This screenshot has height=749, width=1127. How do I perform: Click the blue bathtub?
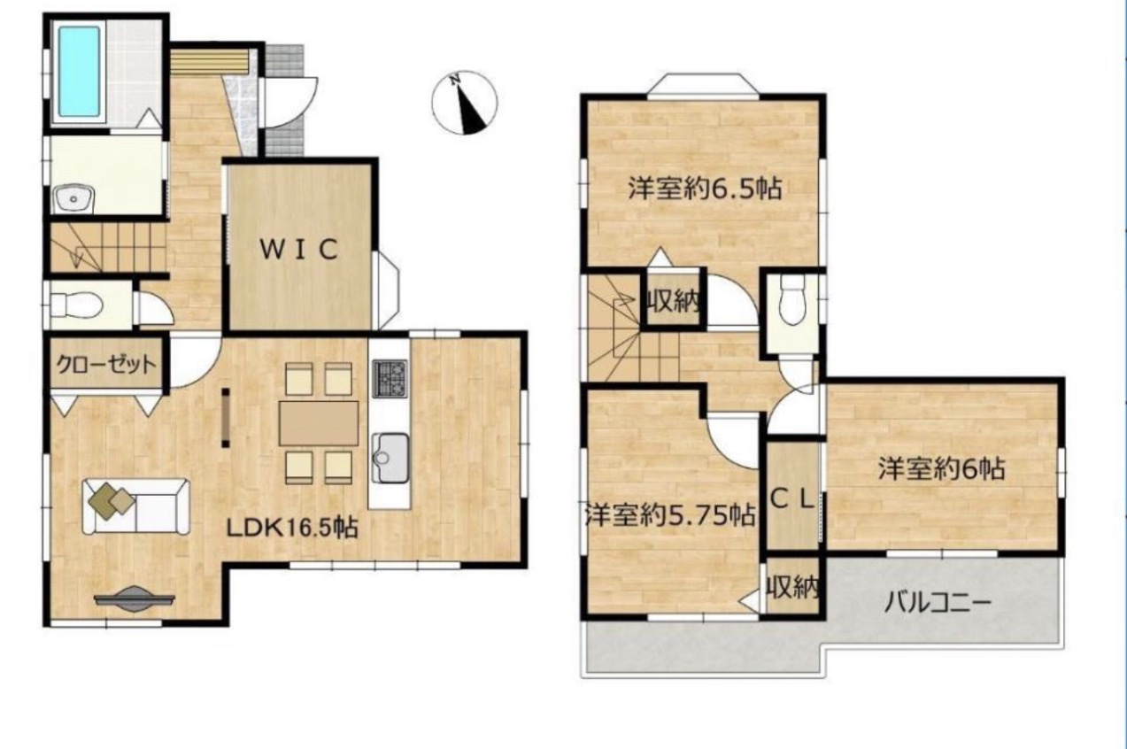point(80,72)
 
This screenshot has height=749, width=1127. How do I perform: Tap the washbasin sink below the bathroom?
point(73,199)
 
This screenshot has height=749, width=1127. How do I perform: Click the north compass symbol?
point(465,103)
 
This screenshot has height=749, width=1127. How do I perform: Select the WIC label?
point(299,249)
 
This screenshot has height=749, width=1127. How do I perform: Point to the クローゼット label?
point(106,364)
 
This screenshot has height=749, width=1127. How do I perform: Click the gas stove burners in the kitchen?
point(390,379)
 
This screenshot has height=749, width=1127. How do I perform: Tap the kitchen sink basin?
point(390,458)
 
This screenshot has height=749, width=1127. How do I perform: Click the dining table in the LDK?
point(319,423)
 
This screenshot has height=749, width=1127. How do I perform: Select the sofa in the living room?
point(137,506)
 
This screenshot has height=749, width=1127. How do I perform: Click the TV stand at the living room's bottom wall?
point(135,598)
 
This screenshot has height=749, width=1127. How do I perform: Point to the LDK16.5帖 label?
point(292,529)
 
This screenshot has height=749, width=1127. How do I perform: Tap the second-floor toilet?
point(792,302)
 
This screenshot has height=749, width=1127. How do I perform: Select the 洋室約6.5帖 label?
point(705,189)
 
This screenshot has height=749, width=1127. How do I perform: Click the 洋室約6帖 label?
point(941,469)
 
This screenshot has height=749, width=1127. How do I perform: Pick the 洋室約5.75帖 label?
point(669,514)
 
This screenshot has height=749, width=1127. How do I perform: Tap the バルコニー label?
point(938,602)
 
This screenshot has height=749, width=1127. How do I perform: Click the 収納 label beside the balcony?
point(792,587)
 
